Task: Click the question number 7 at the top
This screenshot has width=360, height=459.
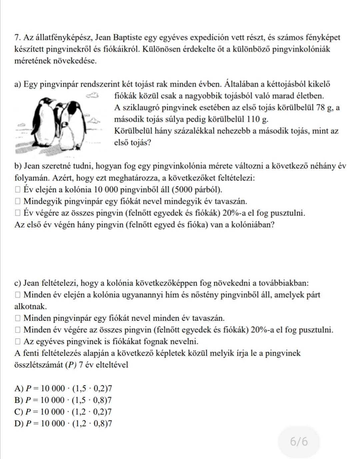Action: pyautogui.click(x=17, y=38)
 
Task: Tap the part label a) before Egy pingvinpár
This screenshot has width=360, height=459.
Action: pyautogui.click(x=18, y=84)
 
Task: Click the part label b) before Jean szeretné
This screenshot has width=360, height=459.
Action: pyautogui.click(x=19, y=166)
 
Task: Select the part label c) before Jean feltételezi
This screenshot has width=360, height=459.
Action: pyautogui.click(x=18, y=283)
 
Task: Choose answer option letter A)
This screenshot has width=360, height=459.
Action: pyautogui.click(x=19, y=388)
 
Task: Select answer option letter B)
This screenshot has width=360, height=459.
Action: pyautogui.click(x=19, y=400)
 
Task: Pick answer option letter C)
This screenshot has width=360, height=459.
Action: pyautogui.click(x=19, y=412)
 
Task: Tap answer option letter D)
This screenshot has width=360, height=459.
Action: pyautogui.click(x=19, y=424)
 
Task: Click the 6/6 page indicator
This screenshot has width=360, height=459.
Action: pyautogui.click(x=299, y=442)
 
